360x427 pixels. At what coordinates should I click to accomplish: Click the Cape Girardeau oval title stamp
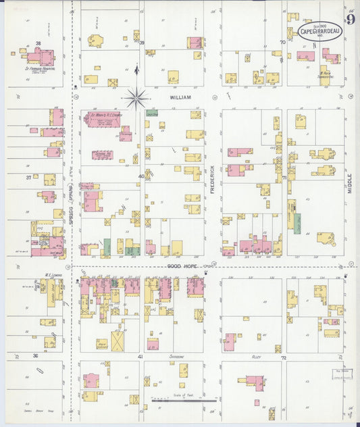coord(319,31)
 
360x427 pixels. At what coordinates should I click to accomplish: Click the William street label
coord(180,97)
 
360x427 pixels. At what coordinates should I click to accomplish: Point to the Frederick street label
coord(212,180)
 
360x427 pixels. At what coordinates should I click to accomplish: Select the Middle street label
coord(350,181)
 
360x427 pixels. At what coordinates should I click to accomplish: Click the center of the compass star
coord(136,99)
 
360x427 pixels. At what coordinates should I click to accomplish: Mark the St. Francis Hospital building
coord(38,56)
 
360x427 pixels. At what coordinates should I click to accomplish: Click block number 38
coord(38,43)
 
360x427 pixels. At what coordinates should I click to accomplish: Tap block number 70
coord(282,42)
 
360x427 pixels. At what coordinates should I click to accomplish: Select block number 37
coord(28,178)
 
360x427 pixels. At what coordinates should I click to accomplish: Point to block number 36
coord(35,355)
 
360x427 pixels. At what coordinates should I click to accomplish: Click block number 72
coord(284,356)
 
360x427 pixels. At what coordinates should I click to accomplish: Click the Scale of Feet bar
coord(179,399)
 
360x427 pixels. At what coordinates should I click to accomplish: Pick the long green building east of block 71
coord(297,223)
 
